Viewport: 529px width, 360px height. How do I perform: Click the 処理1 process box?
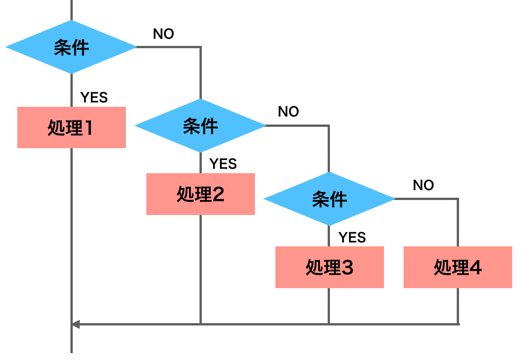(x=71, y=128)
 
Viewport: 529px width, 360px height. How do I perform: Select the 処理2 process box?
(x=200, y=194)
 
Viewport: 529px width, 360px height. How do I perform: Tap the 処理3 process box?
(x=329, y=267)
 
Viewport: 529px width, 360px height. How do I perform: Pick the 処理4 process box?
(x=458, y=267)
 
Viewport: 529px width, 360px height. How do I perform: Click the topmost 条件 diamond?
(x=71, y=47)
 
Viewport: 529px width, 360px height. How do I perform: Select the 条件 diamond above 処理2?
(x=200, y=125)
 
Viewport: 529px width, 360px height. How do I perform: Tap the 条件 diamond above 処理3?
(x=329, y=199)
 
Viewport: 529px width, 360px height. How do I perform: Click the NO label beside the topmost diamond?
(x=164, y=34)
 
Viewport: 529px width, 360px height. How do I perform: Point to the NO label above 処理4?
(x=423, y=185)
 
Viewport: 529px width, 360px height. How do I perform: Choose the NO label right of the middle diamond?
(x=289, y=112)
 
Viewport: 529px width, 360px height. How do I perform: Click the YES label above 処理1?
(x=94, y=97)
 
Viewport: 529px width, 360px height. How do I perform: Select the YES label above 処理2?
(x=223, y=164)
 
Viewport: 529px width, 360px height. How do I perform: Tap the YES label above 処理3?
(x=352, y=237)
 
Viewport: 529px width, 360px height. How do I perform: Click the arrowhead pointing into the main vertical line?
(x=76, y=324)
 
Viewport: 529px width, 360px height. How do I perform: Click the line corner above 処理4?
(x=458, y=199)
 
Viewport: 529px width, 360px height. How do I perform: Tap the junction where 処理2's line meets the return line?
(x=200, y=324)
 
